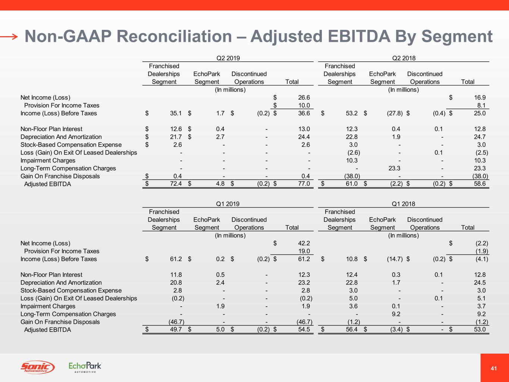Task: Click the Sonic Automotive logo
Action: [37, 367]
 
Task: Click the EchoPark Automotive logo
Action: [85, 367]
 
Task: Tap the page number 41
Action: [494, 369]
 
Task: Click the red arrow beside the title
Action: [9, 37]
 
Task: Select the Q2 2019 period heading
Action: [228, 58]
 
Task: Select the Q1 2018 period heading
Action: [403, 204]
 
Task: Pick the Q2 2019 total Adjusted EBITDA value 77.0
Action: [304, 184]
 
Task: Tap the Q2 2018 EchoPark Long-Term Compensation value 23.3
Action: [394, 168]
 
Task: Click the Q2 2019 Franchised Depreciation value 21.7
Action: [176, 137]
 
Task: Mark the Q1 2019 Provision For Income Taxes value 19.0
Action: [304, 251]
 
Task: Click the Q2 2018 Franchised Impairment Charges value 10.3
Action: [352, 160]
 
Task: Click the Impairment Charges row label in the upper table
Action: [48, 160]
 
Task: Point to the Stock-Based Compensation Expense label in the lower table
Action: [71, 290]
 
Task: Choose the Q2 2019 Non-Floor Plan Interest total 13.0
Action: [304, 129]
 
